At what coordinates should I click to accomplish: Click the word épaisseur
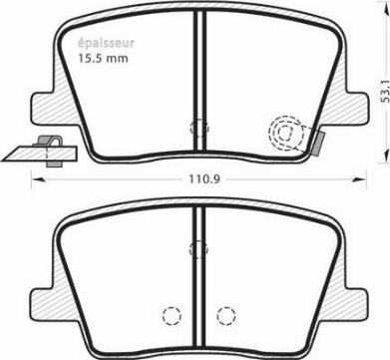(106, 43)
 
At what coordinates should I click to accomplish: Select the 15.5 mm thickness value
(103, 59)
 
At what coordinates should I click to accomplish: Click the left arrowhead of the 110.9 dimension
(37, 180)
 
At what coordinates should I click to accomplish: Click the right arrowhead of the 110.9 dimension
(359, 180)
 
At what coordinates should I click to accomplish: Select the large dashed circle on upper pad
(286, 133)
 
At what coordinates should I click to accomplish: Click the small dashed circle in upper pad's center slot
(198, 128)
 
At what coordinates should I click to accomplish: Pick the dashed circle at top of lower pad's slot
(198, 248)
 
